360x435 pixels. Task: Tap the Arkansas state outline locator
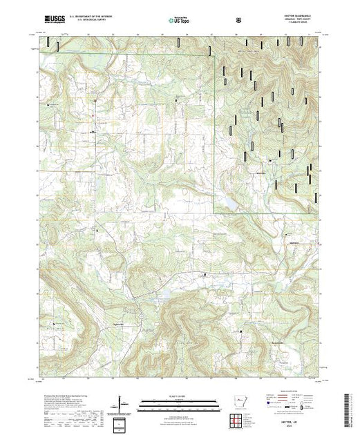click(x=238, y=400)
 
